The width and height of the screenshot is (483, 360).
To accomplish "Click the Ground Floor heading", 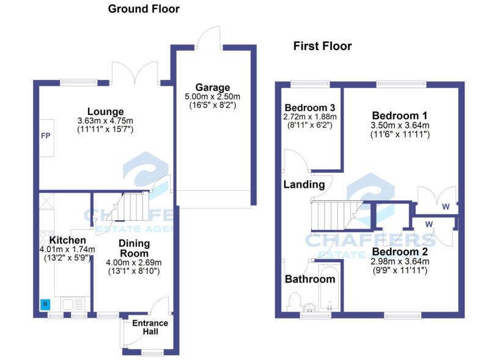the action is point(144,9).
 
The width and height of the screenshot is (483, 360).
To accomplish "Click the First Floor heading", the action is point(322,46).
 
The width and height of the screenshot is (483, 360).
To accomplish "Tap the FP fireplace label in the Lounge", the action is point(46,136).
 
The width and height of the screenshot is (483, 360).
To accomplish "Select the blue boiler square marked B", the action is point(45,304).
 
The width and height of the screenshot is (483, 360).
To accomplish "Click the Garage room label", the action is point(213,87).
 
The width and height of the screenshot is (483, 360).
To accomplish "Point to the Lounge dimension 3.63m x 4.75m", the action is point(105,121).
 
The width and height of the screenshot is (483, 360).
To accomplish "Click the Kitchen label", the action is point(67,240).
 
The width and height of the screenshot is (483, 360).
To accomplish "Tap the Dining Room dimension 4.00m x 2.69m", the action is point(134,263).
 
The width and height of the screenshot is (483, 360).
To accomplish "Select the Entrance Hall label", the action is point(150,327).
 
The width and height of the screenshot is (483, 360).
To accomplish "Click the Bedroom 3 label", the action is point(310,108).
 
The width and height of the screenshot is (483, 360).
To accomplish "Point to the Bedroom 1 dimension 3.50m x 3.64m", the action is point(400,126).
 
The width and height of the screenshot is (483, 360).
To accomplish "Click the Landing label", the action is point(304,185).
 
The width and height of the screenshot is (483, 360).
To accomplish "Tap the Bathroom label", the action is point(310,279).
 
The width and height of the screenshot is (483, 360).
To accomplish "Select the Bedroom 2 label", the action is point(400,252).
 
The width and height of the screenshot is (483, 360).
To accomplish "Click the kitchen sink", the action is point(72,304).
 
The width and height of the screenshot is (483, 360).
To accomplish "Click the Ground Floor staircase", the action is point(130,207).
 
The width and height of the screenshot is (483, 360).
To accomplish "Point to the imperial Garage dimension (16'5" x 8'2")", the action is point(213,105).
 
